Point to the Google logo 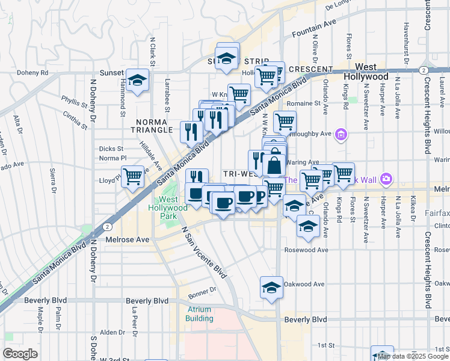tap(20, 353)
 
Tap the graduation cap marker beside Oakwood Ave tap(271, 287)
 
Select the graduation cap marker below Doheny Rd tap(138, 81)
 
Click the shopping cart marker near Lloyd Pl tap(132, 177)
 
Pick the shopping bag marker tap(274, 165)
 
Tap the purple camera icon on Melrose tap(386, 179)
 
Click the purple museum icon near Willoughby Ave tap(341, 134)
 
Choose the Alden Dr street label tap(112, 332)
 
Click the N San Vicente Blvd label tap(205, 252)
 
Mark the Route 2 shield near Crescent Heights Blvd tap(424, 70)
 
